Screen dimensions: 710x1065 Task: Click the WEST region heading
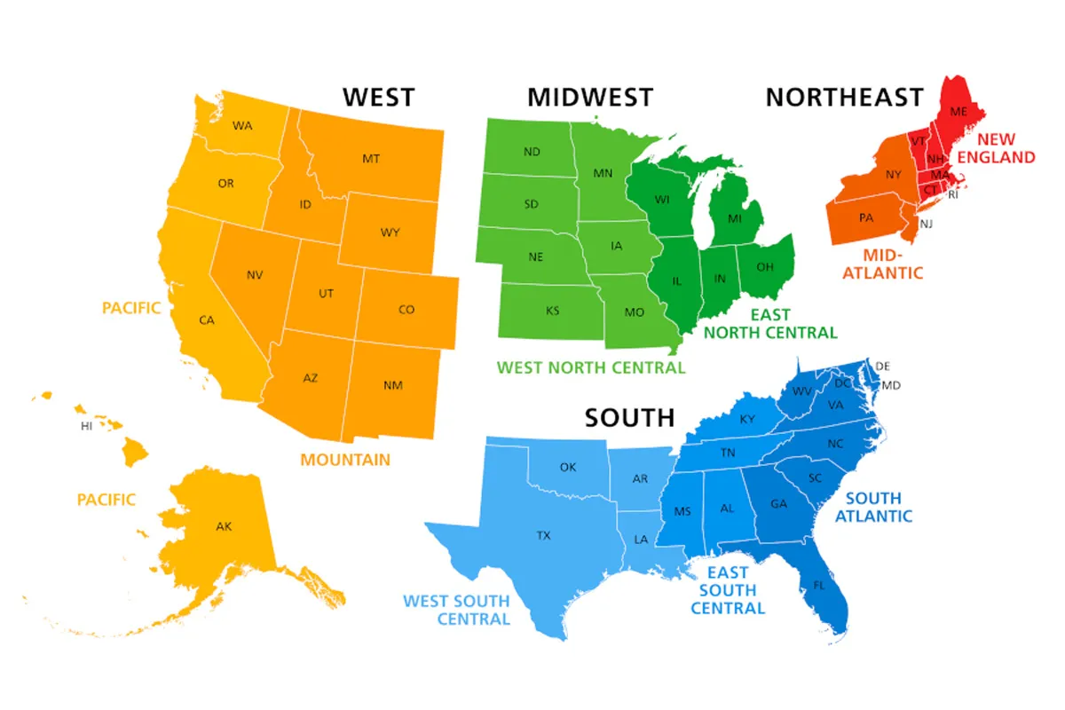tap(379, 97)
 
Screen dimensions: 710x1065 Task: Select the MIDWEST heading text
tap(590, 97)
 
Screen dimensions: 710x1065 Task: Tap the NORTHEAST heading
tap(844, 97)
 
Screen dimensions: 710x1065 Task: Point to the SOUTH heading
tap(629, 417)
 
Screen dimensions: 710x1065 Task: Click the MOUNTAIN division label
tap(344, 460)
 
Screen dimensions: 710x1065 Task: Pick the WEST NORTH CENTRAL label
tap(591, 367)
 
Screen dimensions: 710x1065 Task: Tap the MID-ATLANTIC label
tap(881, 264)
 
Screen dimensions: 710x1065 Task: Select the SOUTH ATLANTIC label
tap(872, 507)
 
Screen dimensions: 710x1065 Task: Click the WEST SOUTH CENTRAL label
tap(457, 610)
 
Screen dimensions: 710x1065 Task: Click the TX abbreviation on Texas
tap(543, 536)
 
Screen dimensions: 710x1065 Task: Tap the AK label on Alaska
tap(224, 526)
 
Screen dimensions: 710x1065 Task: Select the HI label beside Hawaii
tap(87, 426)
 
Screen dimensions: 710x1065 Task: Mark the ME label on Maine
tap(958, 112)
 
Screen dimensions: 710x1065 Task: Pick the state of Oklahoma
tap(568, 468)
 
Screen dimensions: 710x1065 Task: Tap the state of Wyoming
tap(390, 233)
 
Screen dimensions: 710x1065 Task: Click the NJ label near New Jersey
tap(926, 224)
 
